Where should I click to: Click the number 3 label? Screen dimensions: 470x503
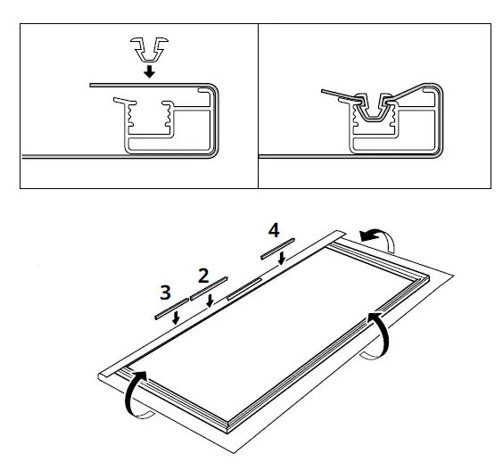point(166,291)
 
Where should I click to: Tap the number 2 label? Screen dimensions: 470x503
point(203,275)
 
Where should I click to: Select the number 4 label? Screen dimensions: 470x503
point(273,230)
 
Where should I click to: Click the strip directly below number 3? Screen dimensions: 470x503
point(169,309)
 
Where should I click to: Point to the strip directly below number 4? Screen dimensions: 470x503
point(278,248)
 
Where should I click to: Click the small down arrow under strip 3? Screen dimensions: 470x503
point(176,318)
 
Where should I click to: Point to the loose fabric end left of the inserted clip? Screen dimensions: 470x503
point(334,93)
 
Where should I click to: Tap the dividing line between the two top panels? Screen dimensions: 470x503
point(258,105)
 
